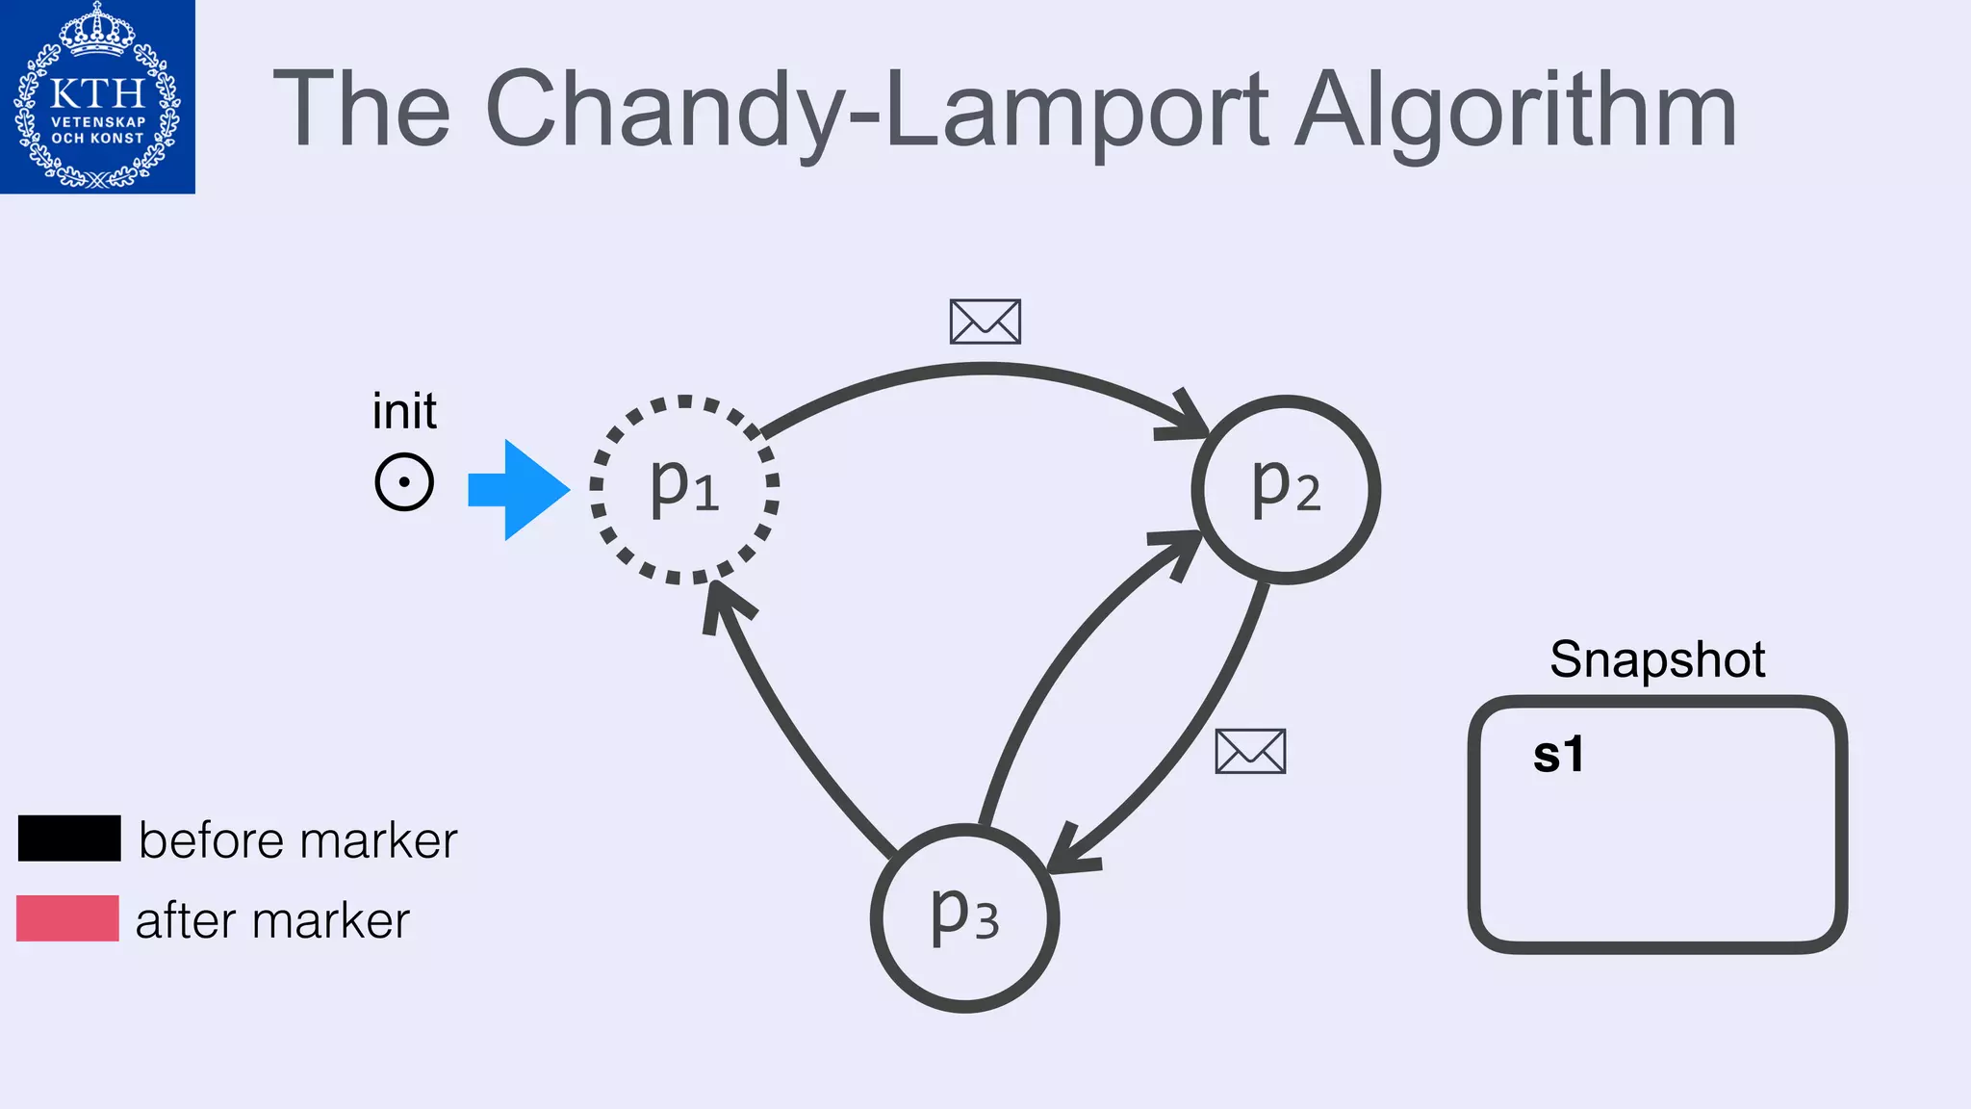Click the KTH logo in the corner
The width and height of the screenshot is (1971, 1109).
pos(97,96)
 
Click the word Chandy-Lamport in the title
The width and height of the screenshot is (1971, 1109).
pos(876,110)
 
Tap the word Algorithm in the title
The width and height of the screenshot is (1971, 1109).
pos(1515,110)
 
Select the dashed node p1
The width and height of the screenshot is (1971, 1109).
pos(684,489)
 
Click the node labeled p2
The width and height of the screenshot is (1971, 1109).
pos(1286,489)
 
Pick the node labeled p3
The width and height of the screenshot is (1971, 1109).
pos(964,917)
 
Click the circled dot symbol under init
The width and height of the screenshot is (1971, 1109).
pos(404,481)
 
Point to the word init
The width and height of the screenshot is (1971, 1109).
pos(404,411)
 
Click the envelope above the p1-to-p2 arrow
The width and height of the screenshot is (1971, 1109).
pos(985,322)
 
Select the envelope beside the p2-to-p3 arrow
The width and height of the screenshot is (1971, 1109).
pos(1250,751)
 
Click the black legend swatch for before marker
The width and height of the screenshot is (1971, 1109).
pos(69,838)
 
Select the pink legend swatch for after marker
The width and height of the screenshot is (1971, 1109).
pos(67,917)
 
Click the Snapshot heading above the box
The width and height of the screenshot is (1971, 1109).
pos(1657,660)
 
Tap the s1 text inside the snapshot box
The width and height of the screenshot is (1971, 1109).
pos(1558,755)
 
